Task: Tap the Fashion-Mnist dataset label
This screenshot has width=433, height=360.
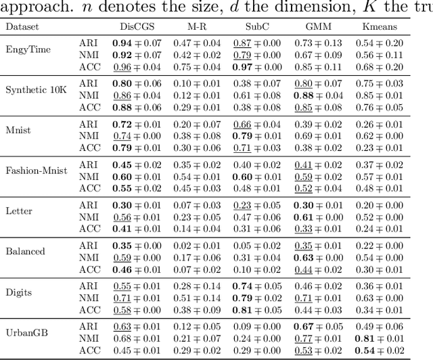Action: (37, 171)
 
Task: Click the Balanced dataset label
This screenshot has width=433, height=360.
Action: (26, 251)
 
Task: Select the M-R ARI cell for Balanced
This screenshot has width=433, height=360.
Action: (197, 245)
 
